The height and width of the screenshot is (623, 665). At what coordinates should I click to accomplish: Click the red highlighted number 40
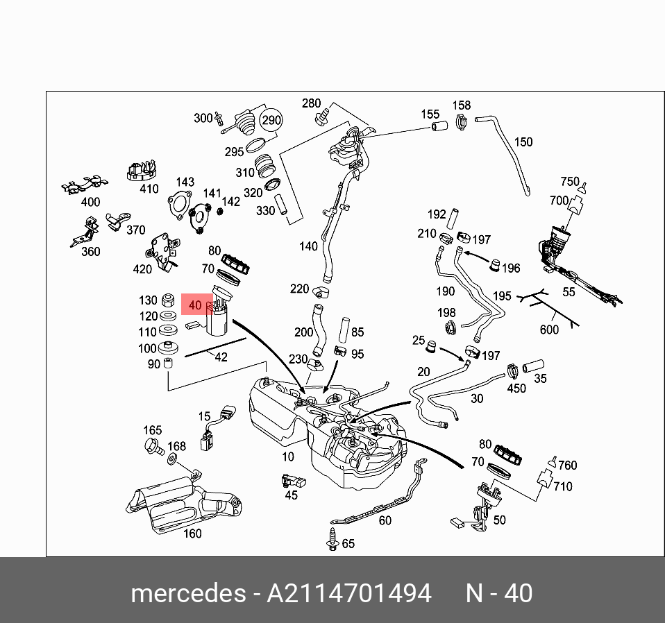pyautogui.click(x=194, y=305)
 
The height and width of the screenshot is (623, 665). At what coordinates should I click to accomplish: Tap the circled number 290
pyautogui.click(x=271, y=120)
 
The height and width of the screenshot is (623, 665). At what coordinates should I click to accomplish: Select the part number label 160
pyautogui.click(x=192, y=534)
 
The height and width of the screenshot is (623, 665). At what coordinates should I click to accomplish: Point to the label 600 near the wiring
pyautogui.click(x=549, y=330)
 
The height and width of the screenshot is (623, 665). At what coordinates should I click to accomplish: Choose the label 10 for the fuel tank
pyautogui.click(x=288, y=456)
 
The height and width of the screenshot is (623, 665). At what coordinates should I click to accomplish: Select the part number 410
pyautogui.click(x=149, y=188)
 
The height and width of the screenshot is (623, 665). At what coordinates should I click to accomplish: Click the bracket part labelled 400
pyautogui.click(x=86, y=185)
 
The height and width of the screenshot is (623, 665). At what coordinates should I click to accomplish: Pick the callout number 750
pyautogui.click(x=569, y=182)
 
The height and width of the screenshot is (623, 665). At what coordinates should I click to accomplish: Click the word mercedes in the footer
pyautogui.click(x=188, y=594)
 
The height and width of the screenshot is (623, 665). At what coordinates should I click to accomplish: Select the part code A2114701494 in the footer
pyautogui.click(x=349, y=594)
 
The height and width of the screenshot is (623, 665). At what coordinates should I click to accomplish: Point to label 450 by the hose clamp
pyautogui.click(x=516, y=389)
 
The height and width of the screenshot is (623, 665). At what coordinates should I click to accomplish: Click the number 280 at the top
pyautogui.click(x=311, y=104)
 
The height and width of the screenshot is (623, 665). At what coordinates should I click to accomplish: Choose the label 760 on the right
pyautogui.click(x=567, y=466)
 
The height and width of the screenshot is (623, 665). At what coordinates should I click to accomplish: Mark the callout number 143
pyautogui.click(x=185, y=182)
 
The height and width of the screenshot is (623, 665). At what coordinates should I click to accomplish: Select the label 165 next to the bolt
pyautogui.click(x=152, y=431)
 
